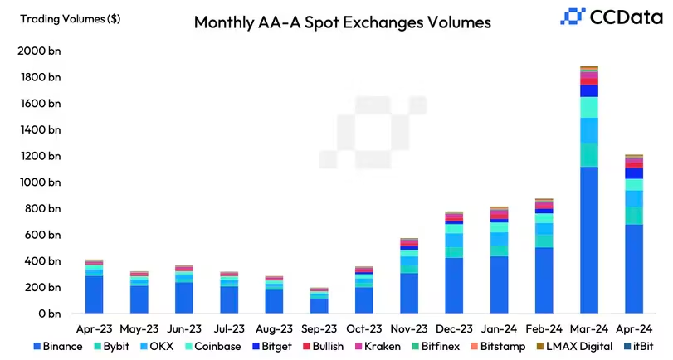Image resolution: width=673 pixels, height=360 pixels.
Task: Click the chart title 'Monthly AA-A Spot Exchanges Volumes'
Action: click(x=342, y=22)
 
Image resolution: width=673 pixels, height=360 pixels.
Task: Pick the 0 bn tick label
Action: click(x=46, y=314)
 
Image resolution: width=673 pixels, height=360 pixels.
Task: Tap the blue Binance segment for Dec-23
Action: click(x=454, y=285)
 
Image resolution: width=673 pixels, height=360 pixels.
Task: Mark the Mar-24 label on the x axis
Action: click(x=589, y=328)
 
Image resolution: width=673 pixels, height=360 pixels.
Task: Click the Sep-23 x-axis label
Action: click(x=319, y=328)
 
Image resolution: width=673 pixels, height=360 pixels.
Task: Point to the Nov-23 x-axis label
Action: click(x=409, y=328)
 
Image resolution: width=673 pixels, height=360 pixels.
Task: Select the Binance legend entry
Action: click(x=57, y=346)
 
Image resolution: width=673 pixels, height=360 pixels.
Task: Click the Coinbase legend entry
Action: click(x=213, y=346)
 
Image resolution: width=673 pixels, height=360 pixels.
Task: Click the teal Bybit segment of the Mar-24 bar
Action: click(x=589, y=154)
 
